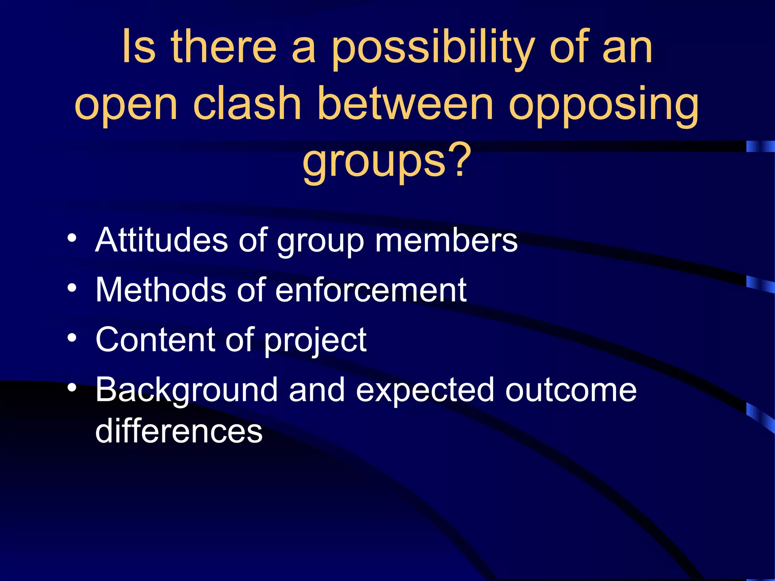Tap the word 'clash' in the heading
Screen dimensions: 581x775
[x=247, y=104]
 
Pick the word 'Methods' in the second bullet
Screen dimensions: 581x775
[x=161, y=290]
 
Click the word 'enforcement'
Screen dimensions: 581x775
[x=371, y=290]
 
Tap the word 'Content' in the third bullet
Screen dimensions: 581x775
[x=155, y=339]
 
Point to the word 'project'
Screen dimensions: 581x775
[x=315, y=341]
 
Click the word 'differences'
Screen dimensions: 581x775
[x=179, y=431]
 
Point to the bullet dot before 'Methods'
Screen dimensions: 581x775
[x=72, y=288]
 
